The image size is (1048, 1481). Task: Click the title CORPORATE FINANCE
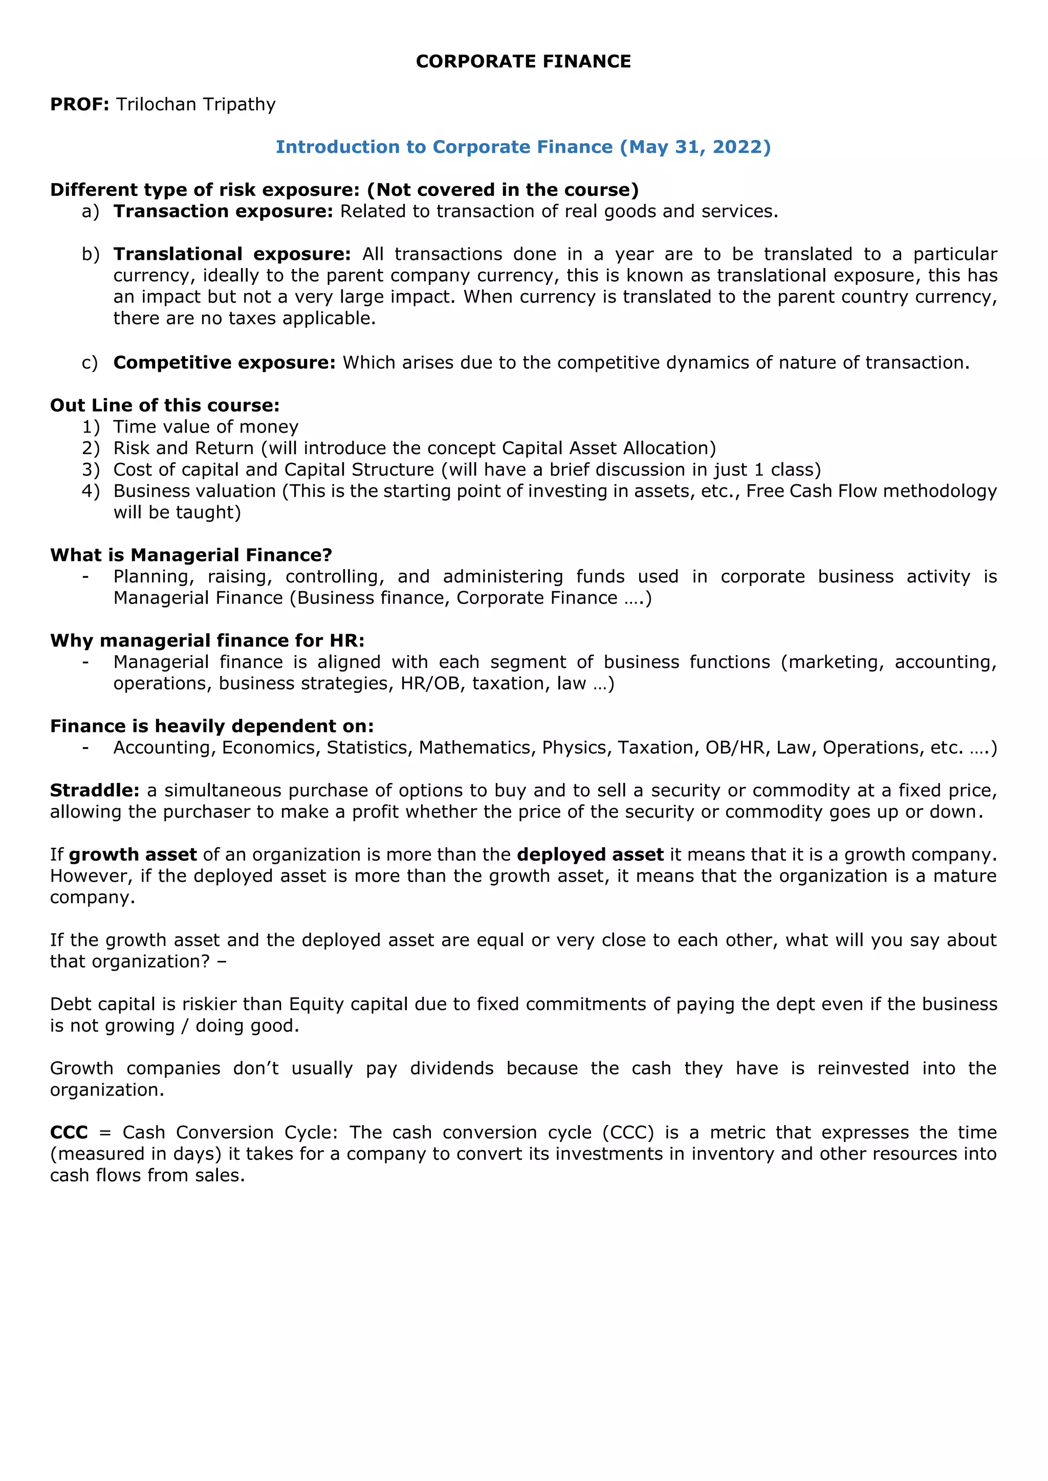pos(523,61)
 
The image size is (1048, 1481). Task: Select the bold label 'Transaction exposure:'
pos(223,212)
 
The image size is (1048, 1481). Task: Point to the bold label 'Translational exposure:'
pos(232,254)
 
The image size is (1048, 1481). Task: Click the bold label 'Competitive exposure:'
pos(224,363)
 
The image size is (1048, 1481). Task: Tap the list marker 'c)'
pos(90,363)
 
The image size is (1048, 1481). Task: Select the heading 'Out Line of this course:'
pos(165,405)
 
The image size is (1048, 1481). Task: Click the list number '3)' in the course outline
pos(91,469)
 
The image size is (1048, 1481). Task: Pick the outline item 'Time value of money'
pos(206,427)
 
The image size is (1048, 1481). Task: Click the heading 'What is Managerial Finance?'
pos(191,555)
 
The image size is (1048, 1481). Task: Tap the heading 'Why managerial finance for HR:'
pos(207,640)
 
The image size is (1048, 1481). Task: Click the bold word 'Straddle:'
pos(94,790)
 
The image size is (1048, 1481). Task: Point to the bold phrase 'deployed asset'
pos(590,855)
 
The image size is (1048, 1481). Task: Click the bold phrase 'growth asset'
pos(133,855)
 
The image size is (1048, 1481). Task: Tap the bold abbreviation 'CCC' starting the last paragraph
pos(69,1133)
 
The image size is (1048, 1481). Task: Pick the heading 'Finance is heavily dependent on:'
pos(212,726)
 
